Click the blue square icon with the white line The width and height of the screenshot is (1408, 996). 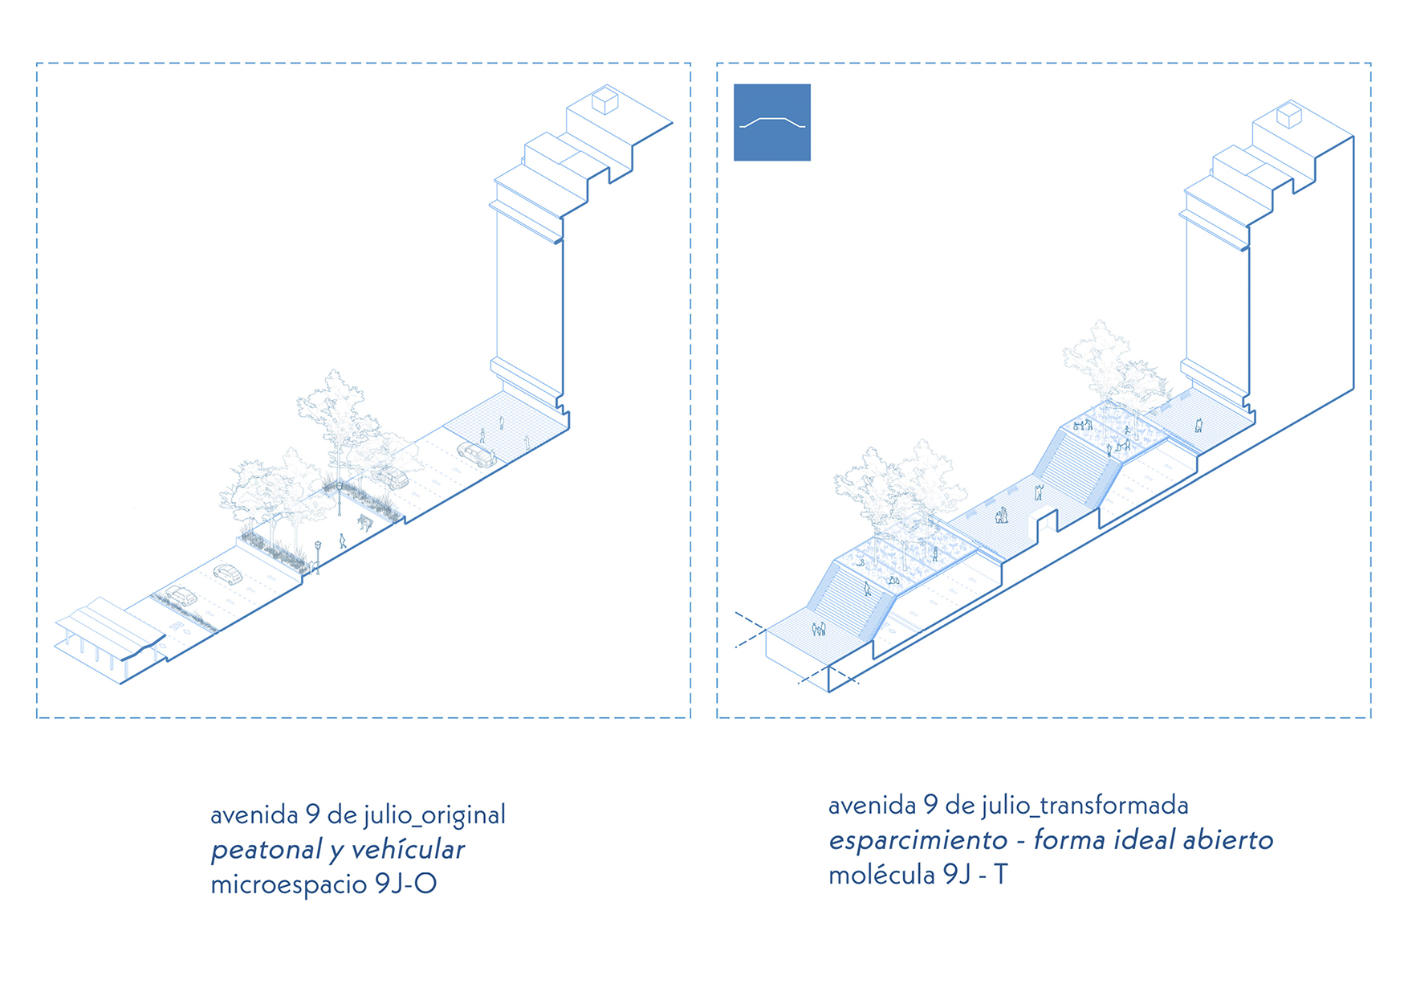[771, 122]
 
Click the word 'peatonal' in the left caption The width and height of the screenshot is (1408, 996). [266, 850]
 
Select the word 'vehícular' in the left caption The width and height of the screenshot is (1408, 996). [408, 850]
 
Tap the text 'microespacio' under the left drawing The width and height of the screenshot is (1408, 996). [288, 884]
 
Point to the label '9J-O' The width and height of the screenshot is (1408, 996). [405, 884]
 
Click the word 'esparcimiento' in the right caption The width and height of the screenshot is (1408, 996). [918, 840]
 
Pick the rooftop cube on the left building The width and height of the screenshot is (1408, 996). [604, 101]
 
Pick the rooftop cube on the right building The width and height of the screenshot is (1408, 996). [1289, 115]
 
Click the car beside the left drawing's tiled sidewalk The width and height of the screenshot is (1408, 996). [477, 455]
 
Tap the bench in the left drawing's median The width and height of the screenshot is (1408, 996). [364, 523]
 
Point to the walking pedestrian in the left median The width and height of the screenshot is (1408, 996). [343, 541]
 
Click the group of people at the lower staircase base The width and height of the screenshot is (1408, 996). [819, 629]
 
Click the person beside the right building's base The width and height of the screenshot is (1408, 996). [1198, 426]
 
